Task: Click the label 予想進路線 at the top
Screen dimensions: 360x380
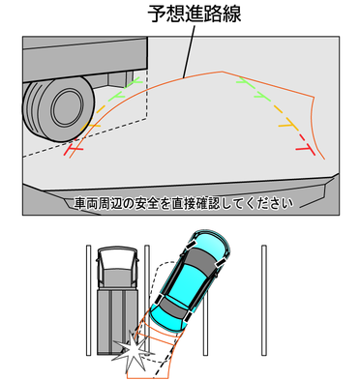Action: pos(195,14)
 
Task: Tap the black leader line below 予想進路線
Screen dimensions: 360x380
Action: pos(189,51)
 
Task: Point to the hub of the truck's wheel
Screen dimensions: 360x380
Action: pos(67,108)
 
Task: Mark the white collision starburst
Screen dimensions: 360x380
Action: pos(131,351)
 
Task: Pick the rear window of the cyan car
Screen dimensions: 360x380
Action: pos(174,308)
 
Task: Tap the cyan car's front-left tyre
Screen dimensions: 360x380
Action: pos(190,246)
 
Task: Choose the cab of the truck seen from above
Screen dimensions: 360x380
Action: pos(117,268)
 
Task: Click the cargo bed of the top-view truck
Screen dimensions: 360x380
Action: pos(117,322)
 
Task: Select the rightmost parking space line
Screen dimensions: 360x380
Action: pos(264,301)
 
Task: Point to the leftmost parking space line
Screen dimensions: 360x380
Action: pos(88,301)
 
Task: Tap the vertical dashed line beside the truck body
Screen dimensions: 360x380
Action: pos(147,95)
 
